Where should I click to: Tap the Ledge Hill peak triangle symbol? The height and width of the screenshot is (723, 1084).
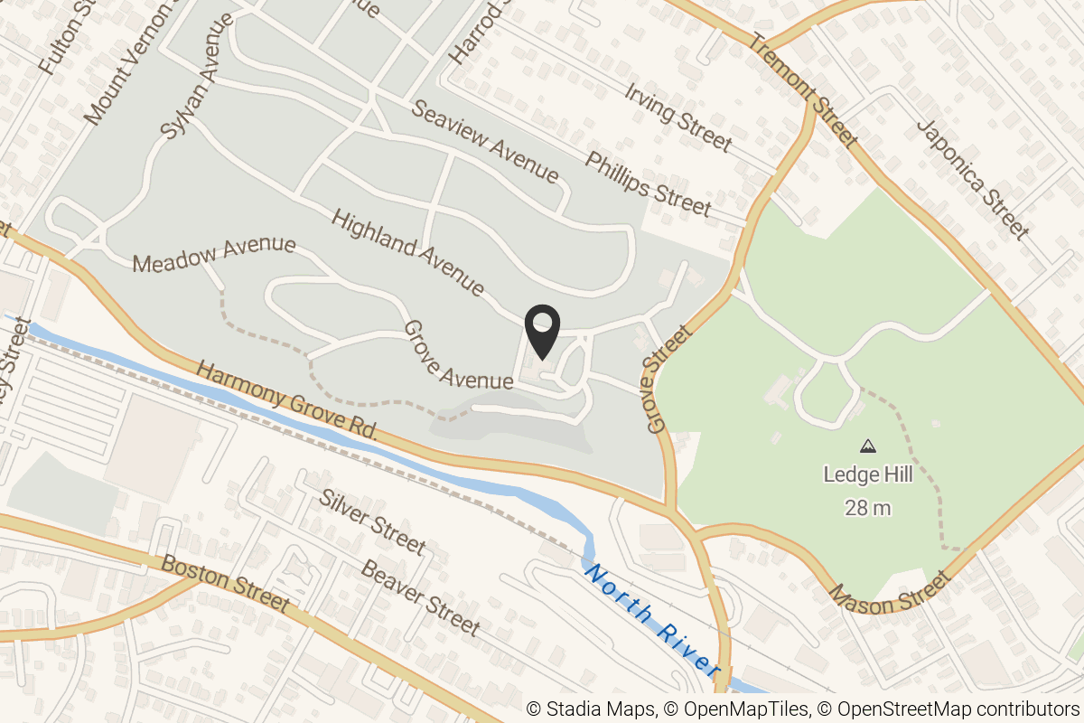(x=868, y=446)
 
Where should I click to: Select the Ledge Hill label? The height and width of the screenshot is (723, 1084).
(x=867, y=474)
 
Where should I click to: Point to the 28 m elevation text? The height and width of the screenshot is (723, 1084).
(x=867, y=508)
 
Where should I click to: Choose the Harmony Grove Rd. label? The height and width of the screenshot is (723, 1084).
(x=286, y=401)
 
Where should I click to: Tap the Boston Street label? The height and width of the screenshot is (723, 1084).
(x=225, y=583)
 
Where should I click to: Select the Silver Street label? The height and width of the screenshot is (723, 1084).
(x=372, y=521)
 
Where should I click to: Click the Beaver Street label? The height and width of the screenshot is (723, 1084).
(x=419, y=596)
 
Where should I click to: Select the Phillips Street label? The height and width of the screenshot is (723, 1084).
(x=648, y=183)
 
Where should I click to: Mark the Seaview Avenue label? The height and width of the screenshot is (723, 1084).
(x=486, y=140)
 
